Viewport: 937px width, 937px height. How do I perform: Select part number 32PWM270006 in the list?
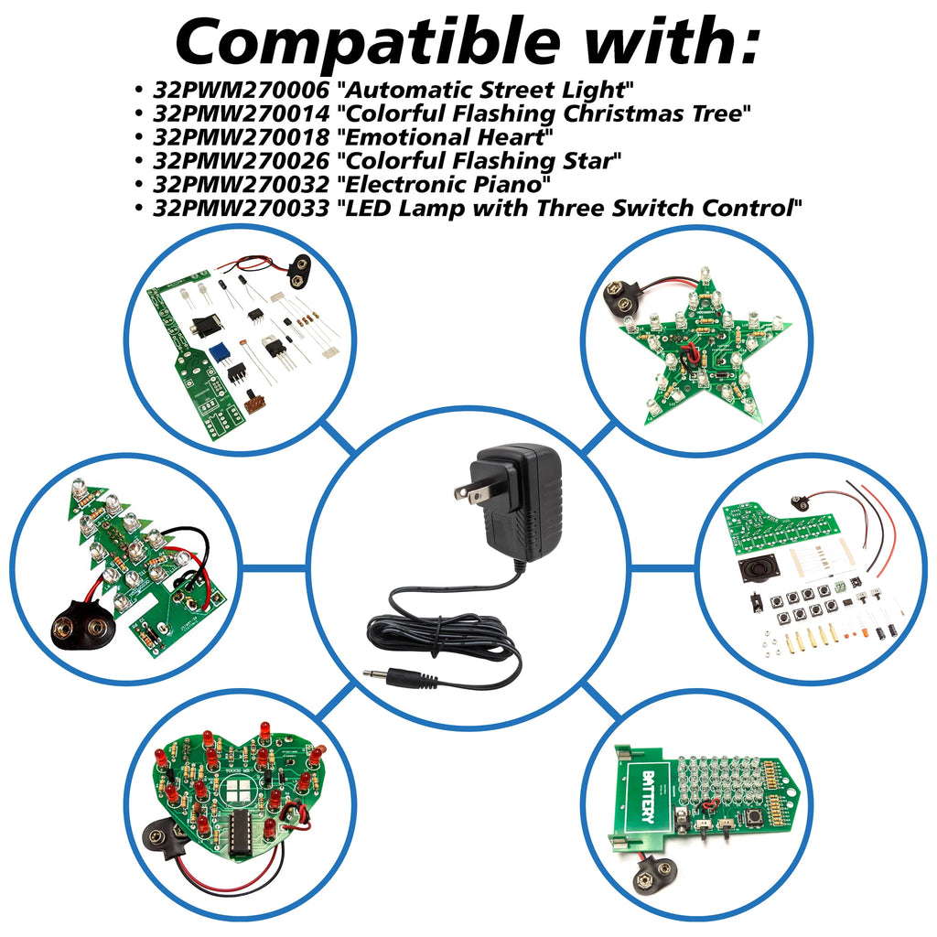tap(242, 90)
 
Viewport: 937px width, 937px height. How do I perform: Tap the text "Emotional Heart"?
tap(446, 137)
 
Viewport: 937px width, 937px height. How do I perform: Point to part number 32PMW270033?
tap(242, 208)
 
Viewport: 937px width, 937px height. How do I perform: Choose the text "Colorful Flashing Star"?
tap(479, 160)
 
